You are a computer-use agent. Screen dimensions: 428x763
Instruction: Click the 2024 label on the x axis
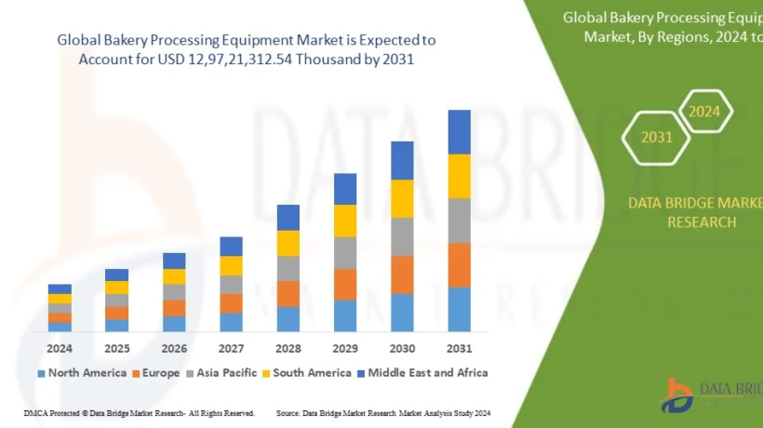(60, 349)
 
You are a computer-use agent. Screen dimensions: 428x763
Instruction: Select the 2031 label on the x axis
(459, 349)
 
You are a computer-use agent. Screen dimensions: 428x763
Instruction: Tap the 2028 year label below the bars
(288, 349)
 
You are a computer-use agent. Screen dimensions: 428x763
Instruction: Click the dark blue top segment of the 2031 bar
(459, 131)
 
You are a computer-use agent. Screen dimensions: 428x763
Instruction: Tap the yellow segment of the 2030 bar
(402, 198)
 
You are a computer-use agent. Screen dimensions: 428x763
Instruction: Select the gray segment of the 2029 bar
(345, 252)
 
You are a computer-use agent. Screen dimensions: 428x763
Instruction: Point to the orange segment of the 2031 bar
(459, 265)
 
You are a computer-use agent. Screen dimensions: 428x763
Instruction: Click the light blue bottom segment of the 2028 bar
(288, 318)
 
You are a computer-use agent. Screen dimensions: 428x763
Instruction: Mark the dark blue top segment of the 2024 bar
(60, 288)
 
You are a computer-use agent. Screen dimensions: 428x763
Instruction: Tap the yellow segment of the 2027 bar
(232, 265)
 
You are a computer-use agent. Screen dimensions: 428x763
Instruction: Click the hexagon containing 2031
(656, 138)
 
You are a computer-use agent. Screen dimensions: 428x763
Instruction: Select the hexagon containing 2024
(704, 112)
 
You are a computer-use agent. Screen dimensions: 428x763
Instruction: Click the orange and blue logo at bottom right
(677, 395)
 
